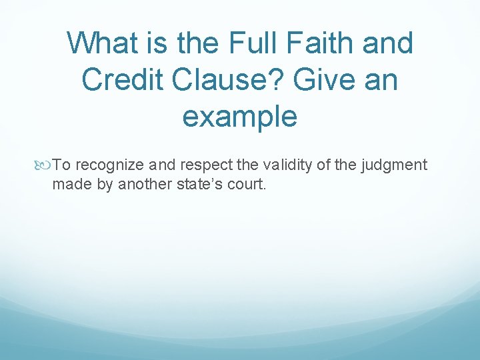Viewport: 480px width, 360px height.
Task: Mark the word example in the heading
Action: click(x=239, y=117)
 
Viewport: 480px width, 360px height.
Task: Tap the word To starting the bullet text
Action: click(x=62, y=165)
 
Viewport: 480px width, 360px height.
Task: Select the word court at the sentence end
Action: click(x=247, y=184)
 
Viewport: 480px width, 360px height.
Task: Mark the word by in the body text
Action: click(x=105, y=184)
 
